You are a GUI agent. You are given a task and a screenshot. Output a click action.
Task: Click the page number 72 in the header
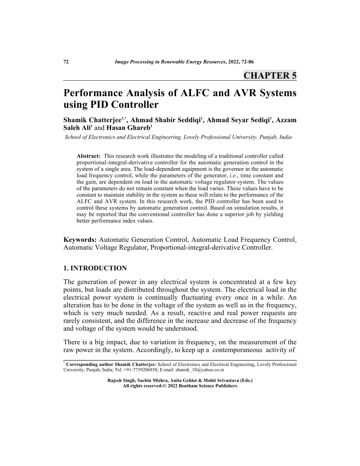coord(66,62)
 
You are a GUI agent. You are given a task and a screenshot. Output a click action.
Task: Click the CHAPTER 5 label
coord(270,75)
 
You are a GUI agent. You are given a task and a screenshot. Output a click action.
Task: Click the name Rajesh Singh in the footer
coord(121,380)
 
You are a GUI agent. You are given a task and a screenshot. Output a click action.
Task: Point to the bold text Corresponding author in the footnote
coord(84,365)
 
